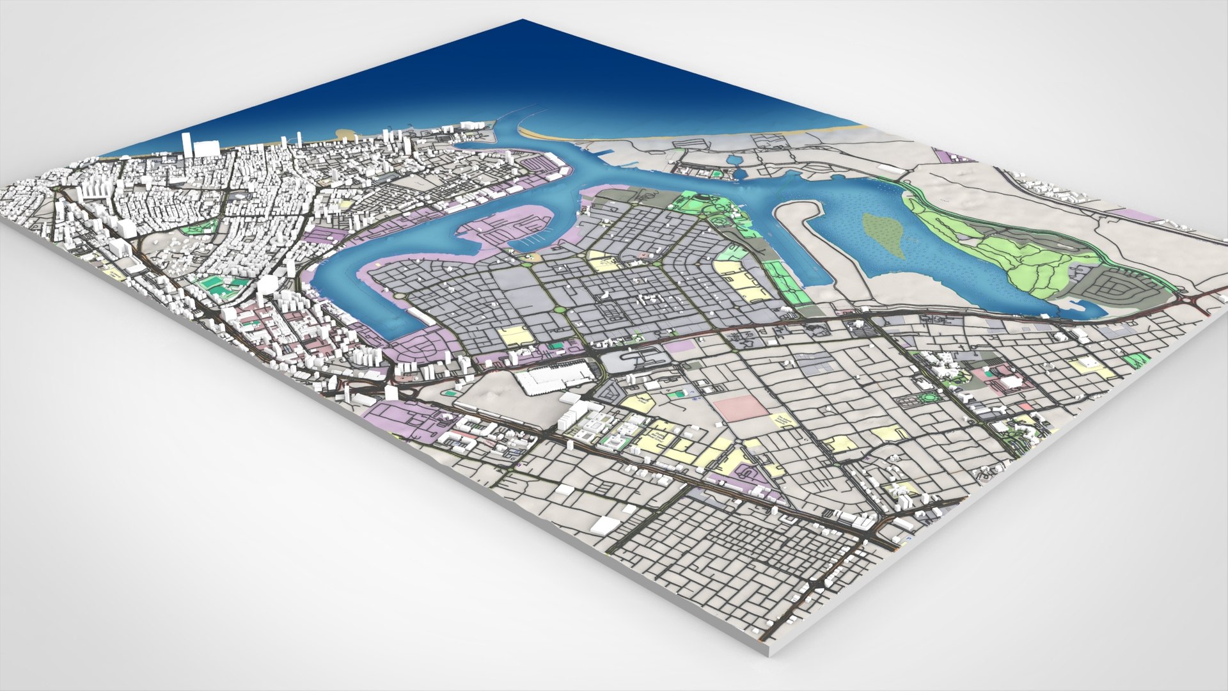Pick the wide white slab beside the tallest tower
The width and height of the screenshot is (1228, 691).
(206, 148)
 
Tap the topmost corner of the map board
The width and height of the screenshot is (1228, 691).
(523, 20)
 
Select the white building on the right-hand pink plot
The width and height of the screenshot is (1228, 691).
(1012, 382)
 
